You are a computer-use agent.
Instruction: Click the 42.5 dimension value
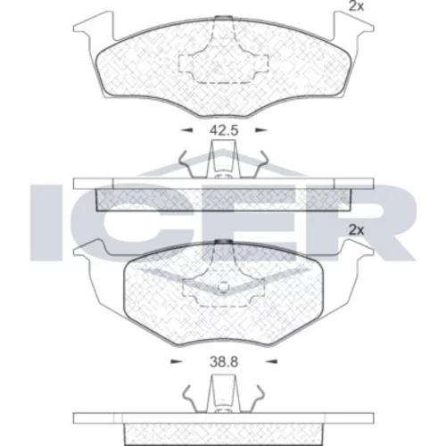224,130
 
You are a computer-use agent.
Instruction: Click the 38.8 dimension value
224,362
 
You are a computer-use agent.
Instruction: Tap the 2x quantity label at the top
356,6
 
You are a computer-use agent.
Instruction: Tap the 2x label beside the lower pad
356,230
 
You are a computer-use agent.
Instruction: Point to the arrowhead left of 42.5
187,130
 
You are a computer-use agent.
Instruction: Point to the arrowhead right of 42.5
261,130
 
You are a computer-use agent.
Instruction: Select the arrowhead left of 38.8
177,361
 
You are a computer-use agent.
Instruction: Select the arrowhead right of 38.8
271,361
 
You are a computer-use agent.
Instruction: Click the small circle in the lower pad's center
223,287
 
